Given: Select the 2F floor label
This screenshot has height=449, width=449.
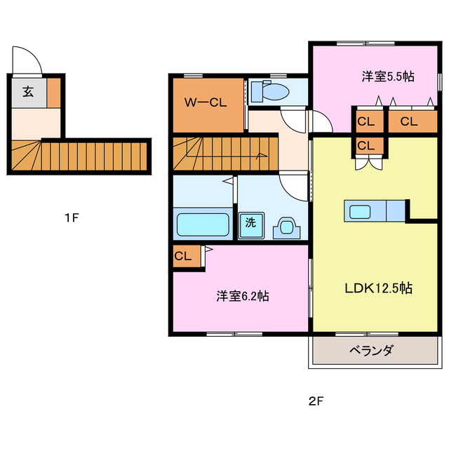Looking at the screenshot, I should pyautogui.click(x=315, y=402).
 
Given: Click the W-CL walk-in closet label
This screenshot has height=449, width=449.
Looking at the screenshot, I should pyautogui.click(x=206, y=102).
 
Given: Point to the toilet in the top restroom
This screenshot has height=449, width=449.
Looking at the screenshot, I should pyautogui.click(x=272, y=91).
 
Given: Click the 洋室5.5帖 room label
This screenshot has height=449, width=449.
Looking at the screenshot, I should pyautogui.click(x=387, y=76).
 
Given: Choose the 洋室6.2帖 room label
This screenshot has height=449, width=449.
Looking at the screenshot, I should pyautogui.click(x=242, y=296).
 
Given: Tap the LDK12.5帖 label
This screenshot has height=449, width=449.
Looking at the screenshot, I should pyautogui.click(x=377, y=288).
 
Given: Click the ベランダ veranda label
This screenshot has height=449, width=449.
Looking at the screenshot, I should pyautogui.click(x=371, y=351).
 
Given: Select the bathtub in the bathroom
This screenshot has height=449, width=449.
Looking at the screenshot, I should pyautogui.click(x=203, y=225).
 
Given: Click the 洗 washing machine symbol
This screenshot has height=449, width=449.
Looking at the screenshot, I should pyautogui.click(x=249, y=224).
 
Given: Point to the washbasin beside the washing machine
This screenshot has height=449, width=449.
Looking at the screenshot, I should pyautogui.click(x=286, y=227).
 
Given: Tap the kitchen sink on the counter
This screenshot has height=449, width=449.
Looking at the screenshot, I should pyautogui.click(x=361, y=210).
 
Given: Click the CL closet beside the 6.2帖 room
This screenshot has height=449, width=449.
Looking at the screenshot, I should pyautogui.click(x=183, y=256).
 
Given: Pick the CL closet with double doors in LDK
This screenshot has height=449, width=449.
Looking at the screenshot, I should pyautogui.click(x=366, y=146).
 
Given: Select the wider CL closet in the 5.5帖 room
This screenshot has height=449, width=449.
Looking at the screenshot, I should pyautogui.click(x=409, y=121).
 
